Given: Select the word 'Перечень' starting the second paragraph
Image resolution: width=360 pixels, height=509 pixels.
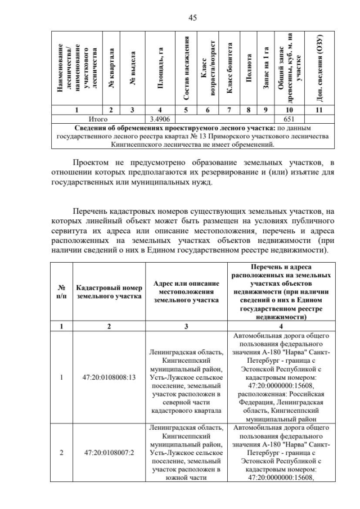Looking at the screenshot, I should [x=96, y=211].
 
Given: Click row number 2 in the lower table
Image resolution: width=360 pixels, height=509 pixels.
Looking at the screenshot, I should [x=61, y=452].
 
